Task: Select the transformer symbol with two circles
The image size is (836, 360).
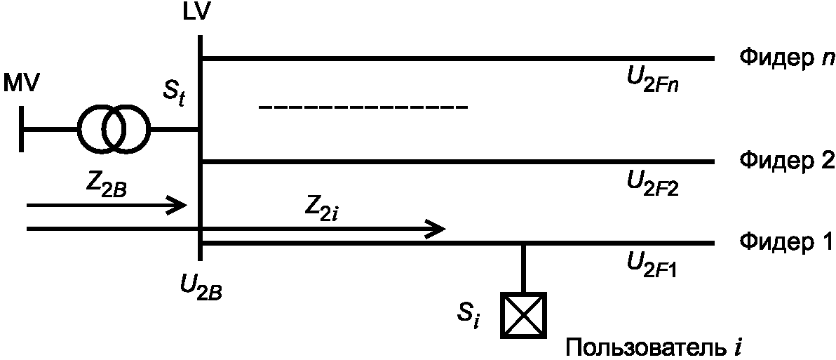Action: coord(113,129)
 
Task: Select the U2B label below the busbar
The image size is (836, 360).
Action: coord(201,288)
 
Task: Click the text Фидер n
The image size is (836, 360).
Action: coord(785,58)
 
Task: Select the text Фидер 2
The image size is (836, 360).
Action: coord(786,161)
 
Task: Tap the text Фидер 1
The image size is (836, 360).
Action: coord(786,243)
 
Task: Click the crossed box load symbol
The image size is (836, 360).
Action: coord(523,314)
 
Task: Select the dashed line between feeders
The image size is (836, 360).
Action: coord(363,107)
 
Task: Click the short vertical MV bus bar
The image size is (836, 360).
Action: coord(23,129)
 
